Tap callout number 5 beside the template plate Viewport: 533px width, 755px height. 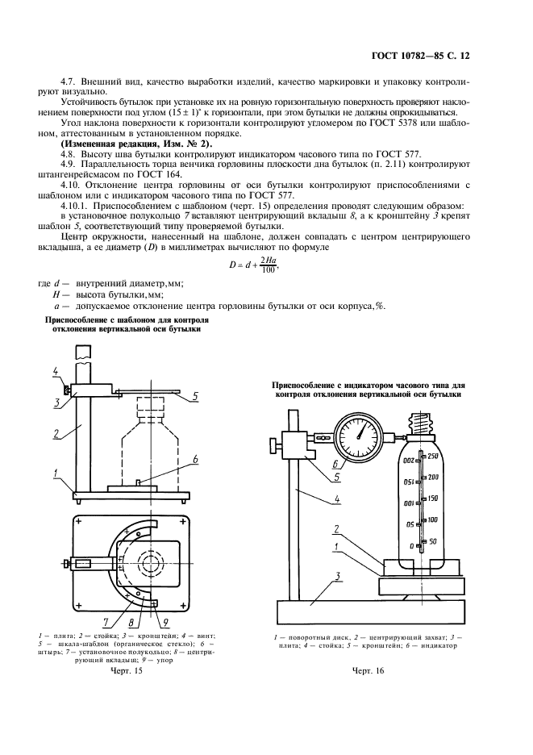coord(196,396)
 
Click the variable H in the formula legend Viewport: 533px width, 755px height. coord(56,295)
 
